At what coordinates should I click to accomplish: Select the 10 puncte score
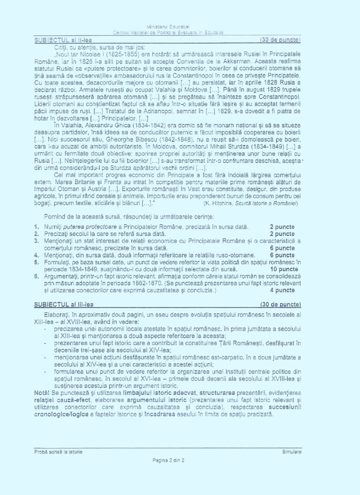click(x=284, y=269)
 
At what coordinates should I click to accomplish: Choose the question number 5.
click(x=37, y=262)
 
